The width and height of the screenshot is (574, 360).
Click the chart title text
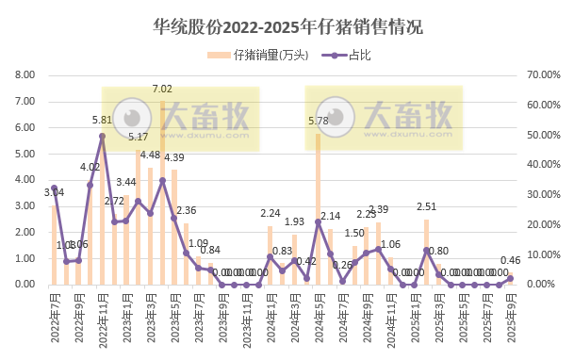pyautogui.click(x=287, y=27)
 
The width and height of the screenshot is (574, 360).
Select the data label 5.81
pyautogui.click(x=102, y=121)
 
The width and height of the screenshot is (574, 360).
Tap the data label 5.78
pyautogui.click(x=319, y=121)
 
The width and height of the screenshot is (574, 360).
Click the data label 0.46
pyautogui.click(x=511, y=260)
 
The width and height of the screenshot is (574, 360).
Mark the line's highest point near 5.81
pyautogui.click(x=102, y=136)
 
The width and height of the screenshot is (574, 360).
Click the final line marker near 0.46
pyautogui.click(x=511, y=278)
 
